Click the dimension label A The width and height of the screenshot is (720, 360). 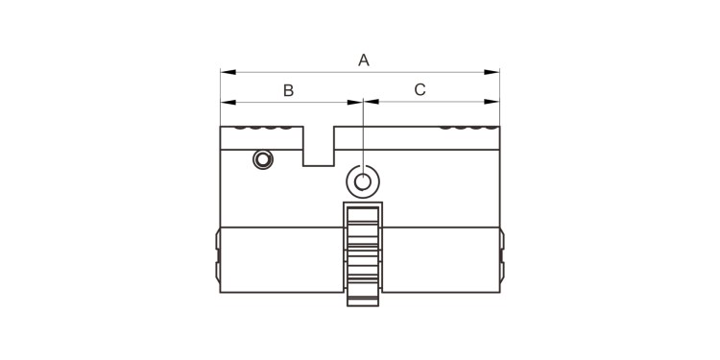click(363, 60)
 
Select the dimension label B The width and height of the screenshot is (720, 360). click(288, 90)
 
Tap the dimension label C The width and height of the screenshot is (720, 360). click(420, 90)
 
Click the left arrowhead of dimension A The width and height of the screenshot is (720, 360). click(228, 72)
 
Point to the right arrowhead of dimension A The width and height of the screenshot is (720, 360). click(492, 72)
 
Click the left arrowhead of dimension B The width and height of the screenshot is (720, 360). click(228, 102)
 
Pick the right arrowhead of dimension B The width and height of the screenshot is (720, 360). click(355, 102)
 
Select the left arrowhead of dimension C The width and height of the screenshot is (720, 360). click(372, 102)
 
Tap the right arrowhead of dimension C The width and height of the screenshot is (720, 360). click(492, 102)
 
